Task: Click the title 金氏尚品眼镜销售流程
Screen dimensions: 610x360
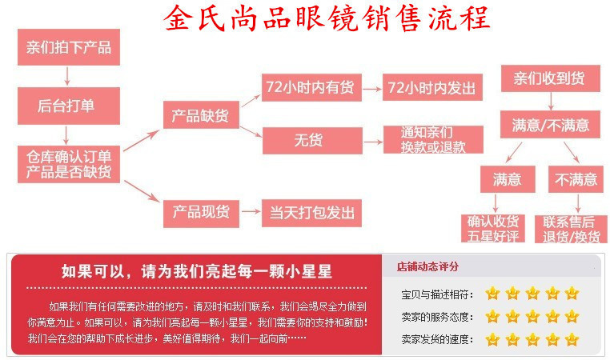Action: click(x=327, y=18)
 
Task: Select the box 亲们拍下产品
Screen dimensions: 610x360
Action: click(x=67, y=48)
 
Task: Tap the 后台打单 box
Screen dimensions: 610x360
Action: click(x=67, y=104)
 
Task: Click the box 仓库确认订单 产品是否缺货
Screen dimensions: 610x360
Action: click(x=69, y=164)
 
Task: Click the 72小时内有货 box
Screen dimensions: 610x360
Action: click(x=312, y=87)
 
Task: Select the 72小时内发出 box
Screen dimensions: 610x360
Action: click(x=431, y=87)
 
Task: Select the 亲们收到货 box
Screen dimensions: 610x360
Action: click(x=548, y=78)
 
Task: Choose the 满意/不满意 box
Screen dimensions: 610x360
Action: click(x=550, y=125)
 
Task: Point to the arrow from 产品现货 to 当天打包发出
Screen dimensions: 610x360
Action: click(x=249, y=213)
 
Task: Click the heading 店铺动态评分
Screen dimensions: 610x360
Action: click(x=427, y=266)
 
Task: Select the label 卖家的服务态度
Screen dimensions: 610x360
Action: click(x=437, y=317)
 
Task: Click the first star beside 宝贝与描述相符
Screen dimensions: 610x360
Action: click(x=492, y=294)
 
